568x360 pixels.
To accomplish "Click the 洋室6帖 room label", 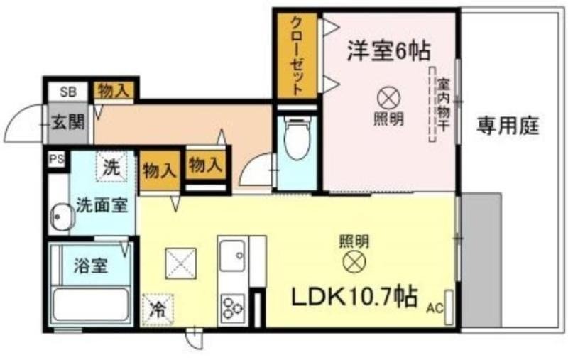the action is [388, 50].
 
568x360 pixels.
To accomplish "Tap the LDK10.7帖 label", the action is [354, 297].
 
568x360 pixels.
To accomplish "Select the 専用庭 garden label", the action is [507, 126].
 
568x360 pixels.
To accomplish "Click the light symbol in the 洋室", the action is [388, 99].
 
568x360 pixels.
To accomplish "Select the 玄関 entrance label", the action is [67, 122].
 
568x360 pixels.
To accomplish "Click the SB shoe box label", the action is [68, 92].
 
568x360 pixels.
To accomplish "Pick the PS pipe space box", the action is [57, 159].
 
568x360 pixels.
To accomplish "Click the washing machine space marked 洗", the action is [111, 167].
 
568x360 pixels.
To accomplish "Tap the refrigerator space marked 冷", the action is [158, 310].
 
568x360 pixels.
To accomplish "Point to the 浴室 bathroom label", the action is [91, 266].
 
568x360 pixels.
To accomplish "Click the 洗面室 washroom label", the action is [102, 206].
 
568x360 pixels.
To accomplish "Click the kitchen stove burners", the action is [232, 308].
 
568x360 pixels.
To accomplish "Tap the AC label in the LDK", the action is [435, 309].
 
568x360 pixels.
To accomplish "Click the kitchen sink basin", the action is [233, 256].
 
